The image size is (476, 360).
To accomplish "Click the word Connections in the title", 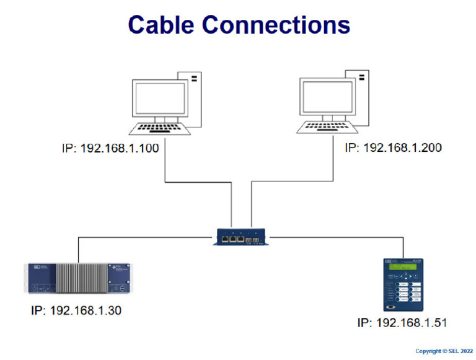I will click(x=276, y=25).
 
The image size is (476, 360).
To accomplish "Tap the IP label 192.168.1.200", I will click(x=393, y=148).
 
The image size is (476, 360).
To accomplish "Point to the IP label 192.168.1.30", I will click(x=76, y=310).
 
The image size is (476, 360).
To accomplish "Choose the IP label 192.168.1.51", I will click(x=402, y=323).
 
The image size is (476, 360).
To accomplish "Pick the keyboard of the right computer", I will click(x=327, y=127).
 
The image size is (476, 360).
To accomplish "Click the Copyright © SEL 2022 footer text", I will click(x=443, y=351).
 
